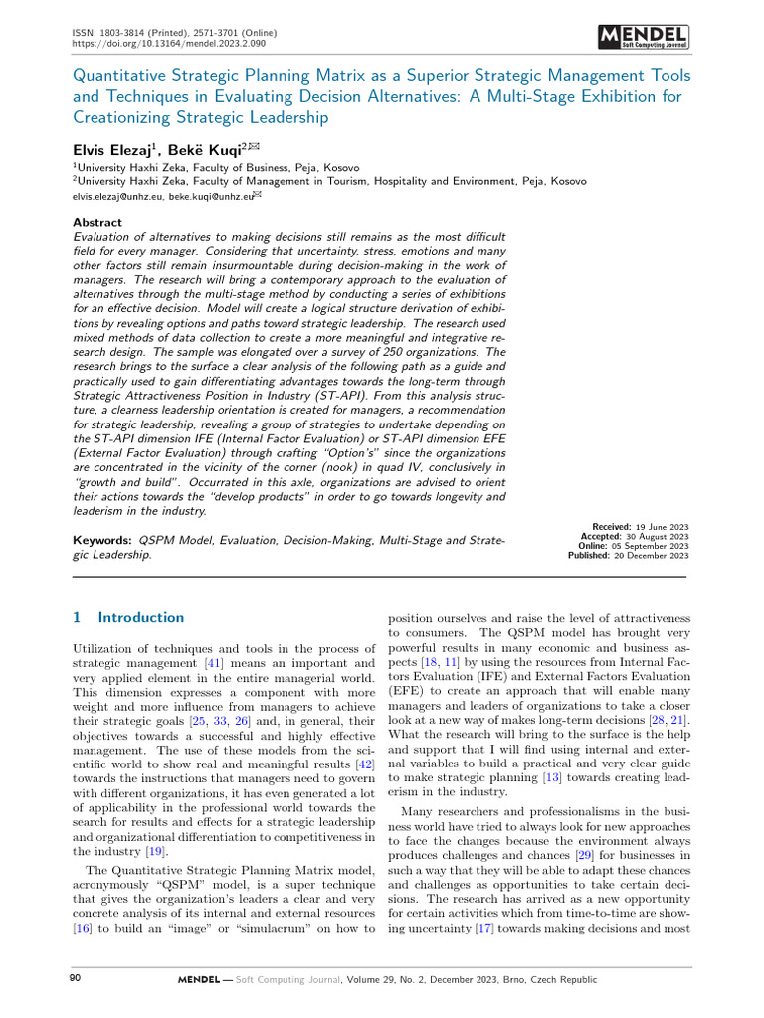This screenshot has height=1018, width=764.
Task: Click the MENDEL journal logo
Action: tap(643, 38)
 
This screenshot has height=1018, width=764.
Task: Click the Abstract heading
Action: tap(98, 222)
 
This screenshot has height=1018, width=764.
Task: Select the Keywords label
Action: tap(104, 540)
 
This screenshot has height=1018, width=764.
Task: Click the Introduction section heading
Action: tap(140, 617)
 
